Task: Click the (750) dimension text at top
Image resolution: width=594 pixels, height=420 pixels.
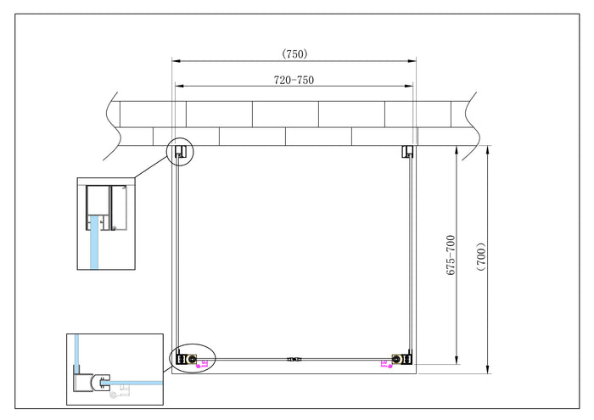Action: tap(294, 53)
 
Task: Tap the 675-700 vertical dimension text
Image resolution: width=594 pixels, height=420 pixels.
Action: tap(451, 255)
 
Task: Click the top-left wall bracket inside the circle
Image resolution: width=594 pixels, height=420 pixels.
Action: tap(180, 152)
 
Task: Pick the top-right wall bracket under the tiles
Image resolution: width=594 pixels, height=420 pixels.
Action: tap(407, 152)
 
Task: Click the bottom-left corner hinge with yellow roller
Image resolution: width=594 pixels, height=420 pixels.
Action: tap(193, 361)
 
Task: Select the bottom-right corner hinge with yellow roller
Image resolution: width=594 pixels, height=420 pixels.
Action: tap(396, 361)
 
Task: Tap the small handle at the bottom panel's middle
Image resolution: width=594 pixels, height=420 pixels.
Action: tap(294, 360)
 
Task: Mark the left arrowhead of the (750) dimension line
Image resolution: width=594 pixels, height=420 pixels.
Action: tap(176, 61)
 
